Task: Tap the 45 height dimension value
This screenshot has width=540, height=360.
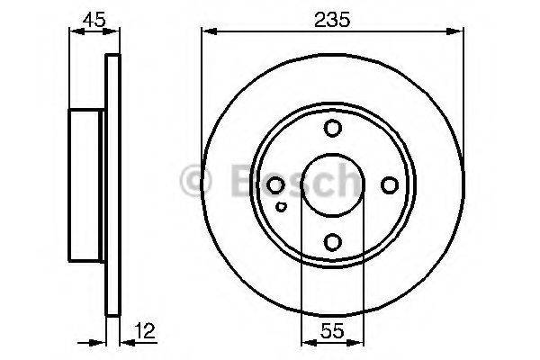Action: tap(91, 17)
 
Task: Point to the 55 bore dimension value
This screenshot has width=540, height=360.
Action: tap(331, 330)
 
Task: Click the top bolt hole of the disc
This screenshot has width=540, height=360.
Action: tap(332, 128)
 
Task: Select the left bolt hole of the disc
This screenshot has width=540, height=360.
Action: tap(276, 184)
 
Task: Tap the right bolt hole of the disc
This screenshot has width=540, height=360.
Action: tap(389, 184)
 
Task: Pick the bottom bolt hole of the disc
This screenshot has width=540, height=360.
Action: tap(332, 241)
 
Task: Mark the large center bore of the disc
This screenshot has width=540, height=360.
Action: tap(332, 184)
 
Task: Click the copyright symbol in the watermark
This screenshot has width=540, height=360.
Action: tap(196, 182)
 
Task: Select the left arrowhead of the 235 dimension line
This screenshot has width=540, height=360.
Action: tap(205, 32)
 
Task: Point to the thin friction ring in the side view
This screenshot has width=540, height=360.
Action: tap(112, 184)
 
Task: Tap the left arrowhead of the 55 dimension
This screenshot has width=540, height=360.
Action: tap(304, 342)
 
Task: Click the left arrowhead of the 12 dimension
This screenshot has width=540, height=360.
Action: tap(103, 342)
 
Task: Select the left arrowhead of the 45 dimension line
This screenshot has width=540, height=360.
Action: tap(73, 32)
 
